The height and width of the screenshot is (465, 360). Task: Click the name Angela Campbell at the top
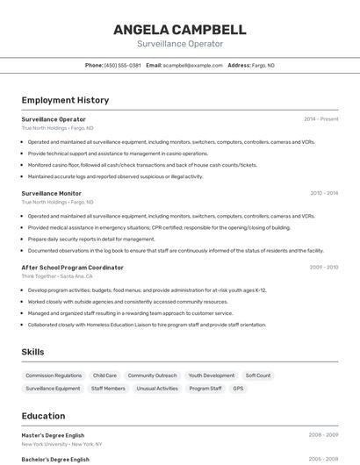tap(179, 29)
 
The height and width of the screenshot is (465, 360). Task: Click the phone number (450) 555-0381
tap(122, 65)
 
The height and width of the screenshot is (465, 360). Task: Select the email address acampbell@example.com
tap(192, 65)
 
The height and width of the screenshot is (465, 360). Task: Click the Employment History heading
tap(59, 101)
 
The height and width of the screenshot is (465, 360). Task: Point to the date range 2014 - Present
tap(320, 119)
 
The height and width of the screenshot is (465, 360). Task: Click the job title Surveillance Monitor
tap(51, 193)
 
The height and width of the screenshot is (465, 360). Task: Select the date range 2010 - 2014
tap(323, 193)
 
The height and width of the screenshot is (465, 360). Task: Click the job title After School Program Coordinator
tap(72, 268)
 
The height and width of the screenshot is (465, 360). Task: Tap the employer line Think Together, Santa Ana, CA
tap(56, 275)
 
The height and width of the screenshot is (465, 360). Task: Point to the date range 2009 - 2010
tap(323, 268)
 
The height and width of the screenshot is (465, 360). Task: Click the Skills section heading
tap(33, 352)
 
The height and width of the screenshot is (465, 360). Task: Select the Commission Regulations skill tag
tap(54, 376)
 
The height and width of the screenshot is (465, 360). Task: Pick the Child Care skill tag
tap(104, 376)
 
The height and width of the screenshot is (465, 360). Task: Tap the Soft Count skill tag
tap(258, 376)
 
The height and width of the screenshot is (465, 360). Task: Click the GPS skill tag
tap(238, 389)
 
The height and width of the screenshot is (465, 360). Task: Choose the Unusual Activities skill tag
tap(157, 389)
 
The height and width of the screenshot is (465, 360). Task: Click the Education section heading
tap(43, 416)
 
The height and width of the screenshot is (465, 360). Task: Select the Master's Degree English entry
tap(53, 434)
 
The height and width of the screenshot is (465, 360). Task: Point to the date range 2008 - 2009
tap(323, 434)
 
